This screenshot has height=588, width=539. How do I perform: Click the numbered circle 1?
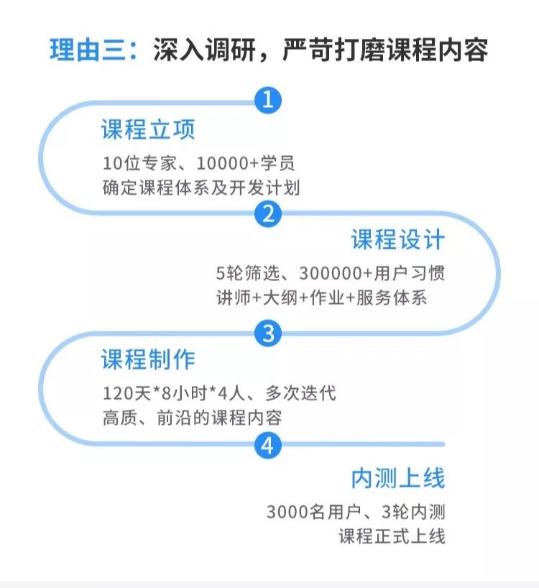pyautogui.click(x=268, y=100)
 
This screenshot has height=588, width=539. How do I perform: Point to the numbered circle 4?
pyautogui.click(x=268, y=446)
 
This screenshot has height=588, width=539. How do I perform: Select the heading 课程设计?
pyautogui.click(x=397, y=240)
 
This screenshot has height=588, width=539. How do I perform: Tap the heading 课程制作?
pyautogui.click(x=148, y=359)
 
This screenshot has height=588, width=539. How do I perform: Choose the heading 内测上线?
pyautogui.click(x=397, y=478)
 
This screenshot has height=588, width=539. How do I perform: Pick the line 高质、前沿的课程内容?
pyautogui.click(x=192, y=418)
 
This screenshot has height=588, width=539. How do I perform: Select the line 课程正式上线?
pyautogui.click(x=392, y=536)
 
